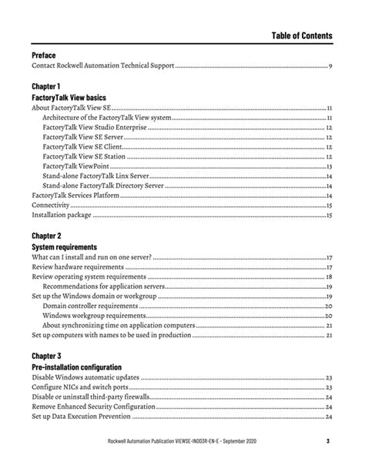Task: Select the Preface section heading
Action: tap(44, 56)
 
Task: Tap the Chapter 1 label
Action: tap(46, 88)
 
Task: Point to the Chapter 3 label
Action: tap(46, 357)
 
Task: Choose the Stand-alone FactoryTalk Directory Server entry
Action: tap(102, 186)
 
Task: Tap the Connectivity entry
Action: tap(51, 206)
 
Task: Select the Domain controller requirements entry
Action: tap(90, 306)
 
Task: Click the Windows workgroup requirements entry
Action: tap(92, 316)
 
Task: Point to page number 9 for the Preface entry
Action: tap(330, 68)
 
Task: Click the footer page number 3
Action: tap(327, 441)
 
